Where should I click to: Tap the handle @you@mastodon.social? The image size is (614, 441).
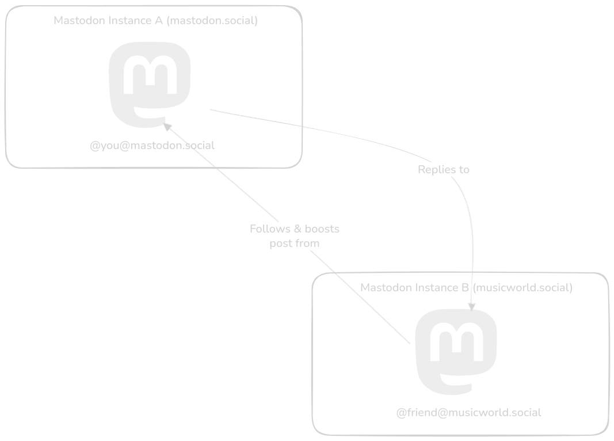(x=152, y=146)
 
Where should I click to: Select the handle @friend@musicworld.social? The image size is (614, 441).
(x=468, y=413)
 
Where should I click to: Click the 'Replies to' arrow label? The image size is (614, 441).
(x=443, y=170)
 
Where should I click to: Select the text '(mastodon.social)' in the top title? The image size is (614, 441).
(x=212, y=21)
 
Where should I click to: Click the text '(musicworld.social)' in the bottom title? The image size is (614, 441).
(x=523, y=288)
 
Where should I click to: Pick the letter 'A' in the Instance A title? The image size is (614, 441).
(x=158, y=21)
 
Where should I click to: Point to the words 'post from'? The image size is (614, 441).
(x=294, y=244)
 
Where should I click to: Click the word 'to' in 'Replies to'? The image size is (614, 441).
(x=463, y=170)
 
